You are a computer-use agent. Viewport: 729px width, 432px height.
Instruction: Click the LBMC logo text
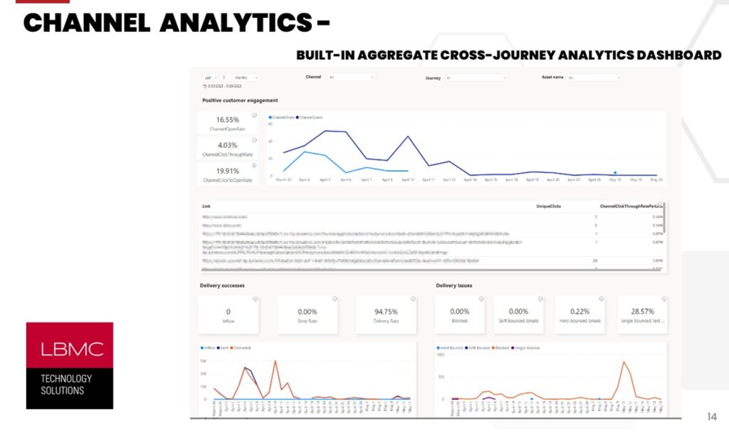pyautogui.click(x=69, y=349)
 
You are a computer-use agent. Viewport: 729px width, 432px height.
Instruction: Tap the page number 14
pyautogui.click(x=711, y=416)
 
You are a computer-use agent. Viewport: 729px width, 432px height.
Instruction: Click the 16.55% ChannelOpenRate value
pyautogui.click(x=227, y=120)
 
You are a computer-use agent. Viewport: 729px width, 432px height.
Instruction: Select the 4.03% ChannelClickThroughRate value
pyautogui.click(x=227, y=146)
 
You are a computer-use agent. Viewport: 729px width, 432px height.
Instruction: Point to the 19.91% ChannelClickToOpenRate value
pyautogui.click(x=227, y=171)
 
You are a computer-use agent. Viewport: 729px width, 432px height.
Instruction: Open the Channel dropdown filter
pyautogui.click(x=350, y=77)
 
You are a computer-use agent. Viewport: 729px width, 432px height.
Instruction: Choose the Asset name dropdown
pyautogui.click(x=604, y=78)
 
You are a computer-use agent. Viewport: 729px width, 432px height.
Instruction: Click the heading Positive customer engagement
pyautogui.click(x=240, y=100)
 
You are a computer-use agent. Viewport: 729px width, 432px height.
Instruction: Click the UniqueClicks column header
pyautogui.click(x=549, y=206)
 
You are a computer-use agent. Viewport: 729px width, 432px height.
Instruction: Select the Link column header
pyautogui.click(x=206, y=206)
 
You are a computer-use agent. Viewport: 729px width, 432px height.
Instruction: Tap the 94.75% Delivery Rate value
pyautogui.click(x=385, y=311)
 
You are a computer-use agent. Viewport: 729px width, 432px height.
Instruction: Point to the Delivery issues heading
pyautogui.click(x=454, y=285)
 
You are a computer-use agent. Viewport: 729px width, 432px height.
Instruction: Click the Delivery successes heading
pyautogui.click(x=222, y=285)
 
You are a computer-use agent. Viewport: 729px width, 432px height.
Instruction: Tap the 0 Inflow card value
pyautogui.click(x=228, y=311)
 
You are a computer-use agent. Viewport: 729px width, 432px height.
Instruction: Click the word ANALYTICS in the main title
pyautogui.click(x=235, y=23)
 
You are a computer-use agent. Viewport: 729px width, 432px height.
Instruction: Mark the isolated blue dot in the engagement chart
pyautogui.click(x=614, y=172)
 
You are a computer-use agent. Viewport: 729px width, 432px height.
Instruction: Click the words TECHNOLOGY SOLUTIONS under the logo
pyautogui.click(x=66, y=384)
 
